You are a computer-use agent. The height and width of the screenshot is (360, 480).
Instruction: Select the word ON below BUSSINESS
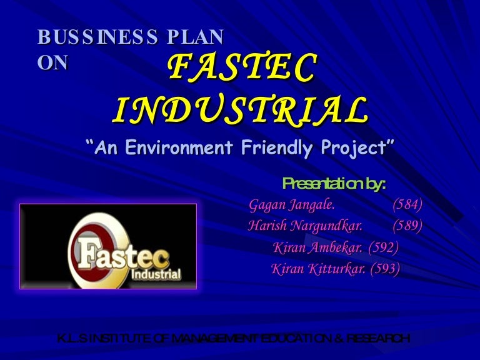click(x=52, y=62)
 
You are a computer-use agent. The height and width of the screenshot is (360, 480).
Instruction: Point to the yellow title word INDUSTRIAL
click(x=241, y=111)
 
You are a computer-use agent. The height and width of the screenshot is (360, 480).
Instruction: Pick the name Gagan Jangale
click(x=292, y=204)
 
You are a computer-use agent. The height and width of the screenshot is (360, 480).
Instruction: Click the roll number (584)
click(x=407, y=204)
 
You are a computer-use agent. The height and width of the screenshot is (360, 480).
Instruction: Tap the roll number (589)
click(x=407, y=226)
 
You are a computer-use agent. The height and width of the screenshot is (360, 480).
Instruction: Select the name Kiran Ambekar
click(x=318, y=247)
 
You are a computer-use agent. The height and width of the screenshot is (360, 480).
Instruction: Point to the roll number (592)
click(x=383, y=247)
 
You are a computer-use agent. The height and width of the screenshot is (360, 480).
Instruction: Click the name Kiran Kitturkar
click(x=318, y=269)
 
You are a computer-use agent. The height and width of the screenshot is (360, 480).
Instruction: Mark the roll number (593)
click(x=385, y=269)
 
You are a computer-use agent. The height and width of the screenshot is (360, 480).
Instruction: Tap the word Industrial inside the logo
click(x=156, y=274)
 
